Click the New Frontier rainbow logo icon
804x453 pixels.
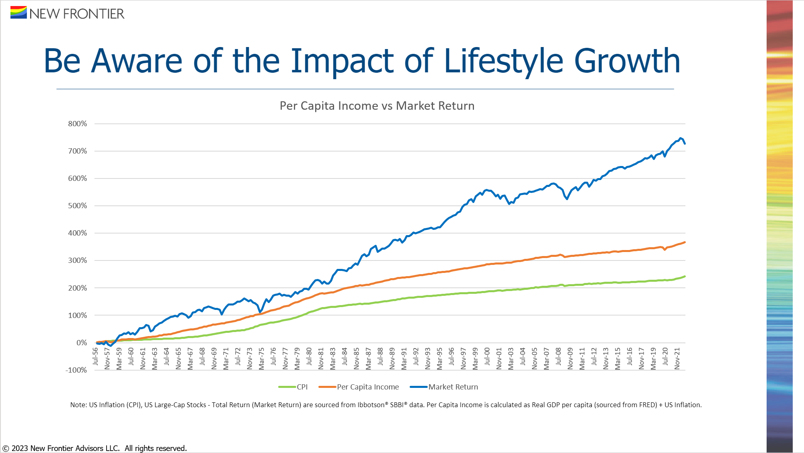point(18,12)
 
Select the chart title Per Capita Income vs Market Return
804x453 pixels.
point(377,106)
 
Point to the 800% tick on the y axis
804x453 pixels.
point(77,124)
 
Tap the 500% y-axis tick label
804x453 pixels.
point(77,206)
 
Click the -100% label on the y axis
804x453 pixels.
point(76,370)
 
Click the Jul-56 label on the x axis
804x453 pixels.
point(95,357)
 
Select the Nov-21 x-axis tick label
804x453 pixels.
point(677,358)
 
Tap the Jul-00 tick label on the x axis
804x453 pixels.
point(487,357)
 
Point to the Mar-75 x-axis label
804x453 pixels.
point(261,358)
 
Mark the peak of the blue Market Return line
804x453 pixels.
point(680,138)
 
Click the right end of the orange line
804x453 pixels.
point(685,242)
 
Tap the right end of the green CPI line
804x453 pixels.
point(685,277)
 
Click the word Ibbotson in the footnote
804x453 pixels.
point(371,405)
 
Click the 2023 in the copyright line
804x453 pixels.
point(20,448)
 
